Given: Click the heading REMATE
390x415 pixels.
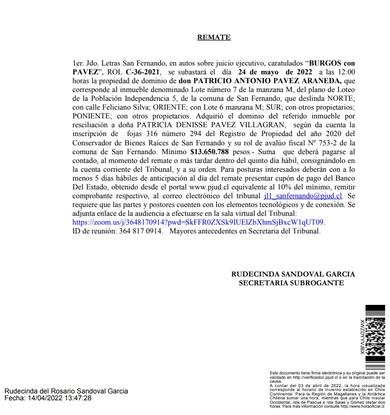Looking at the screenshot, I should pos(214,37).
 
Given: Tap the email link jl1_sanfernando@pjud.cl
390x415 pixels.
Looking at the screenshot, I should pos(303,195).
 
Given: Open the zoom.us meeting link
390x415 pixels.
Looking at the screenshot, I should pos(198,222).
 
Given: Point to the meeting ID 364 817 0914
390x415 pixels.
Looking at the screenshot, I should pos(140,231).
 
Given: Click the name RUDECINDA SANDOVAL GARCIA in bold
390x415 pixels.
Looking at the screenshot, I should pos(293,274).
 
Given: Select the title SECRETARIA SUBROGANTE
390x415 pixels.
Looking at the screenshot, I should pos(291,283).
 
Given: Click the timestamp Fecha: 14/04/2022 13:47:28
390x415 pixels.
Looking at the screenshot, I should pos(48,398).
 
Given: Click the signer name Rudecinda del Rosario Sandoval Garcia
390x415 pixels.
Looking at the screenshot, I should pos(66,391).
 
